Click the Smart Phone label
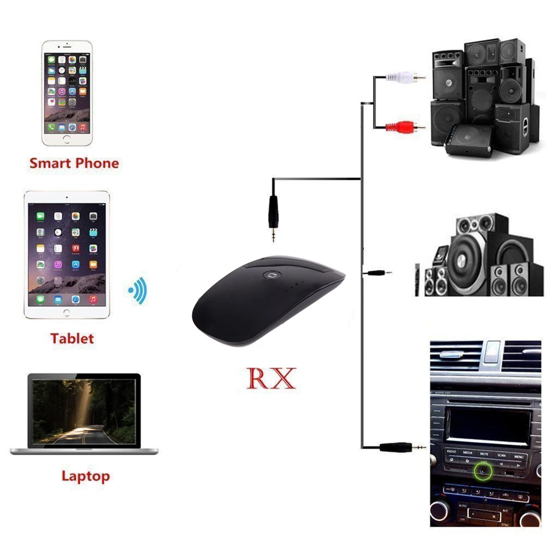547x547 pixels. [74, 163]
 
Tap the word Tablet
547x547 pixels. [72, 338]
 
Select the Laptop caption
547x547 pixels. [85, 476]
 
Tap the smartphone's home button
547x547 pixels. [67, 139]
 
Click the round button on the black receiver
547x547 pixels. [269, 275]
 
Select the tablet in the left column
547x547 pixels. [67, 254]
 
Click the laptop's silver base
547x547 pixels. [84, 451]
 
